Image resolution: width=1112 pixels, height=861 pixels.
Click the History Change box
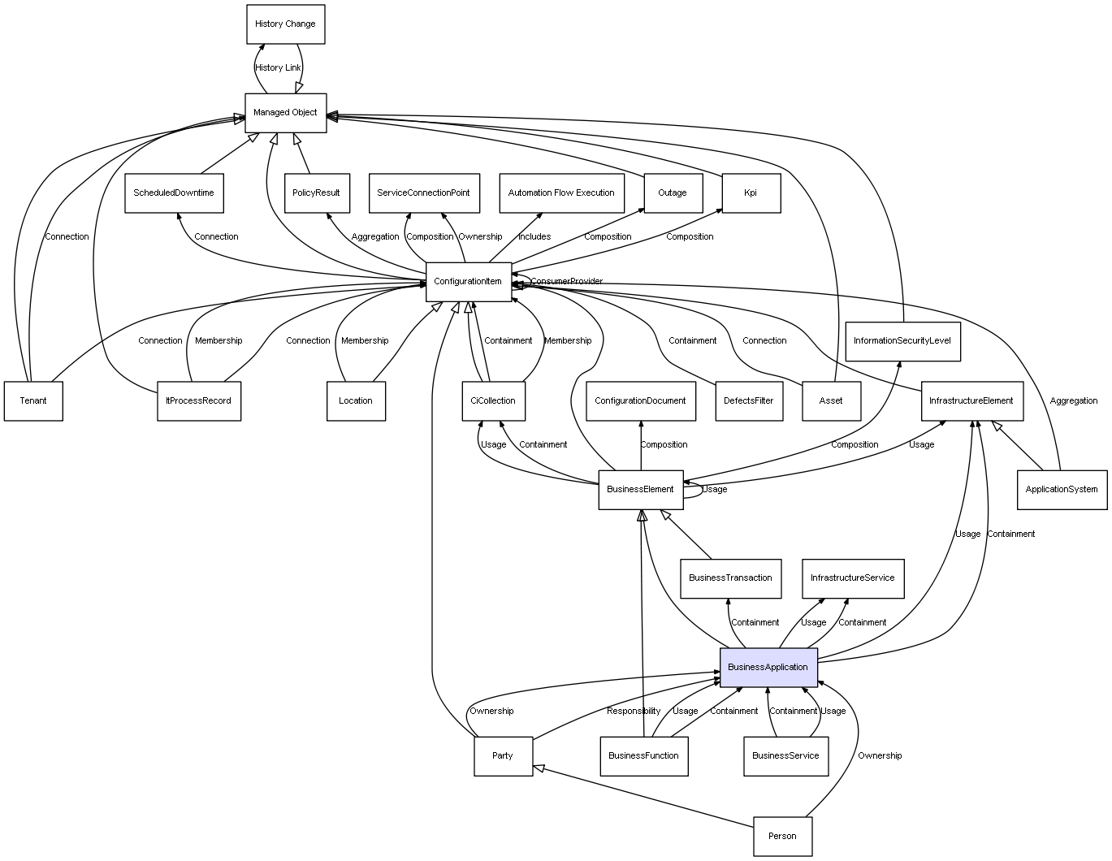(x=285, y=24)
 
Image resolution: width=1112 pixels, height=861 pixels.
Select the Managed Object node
(x=285, y=113)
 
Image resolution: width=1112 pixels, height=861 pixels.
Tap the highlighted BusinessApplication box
(x=768, y=667)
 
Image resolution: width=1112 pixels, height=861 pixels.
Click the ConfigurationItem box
(x=468, y=282)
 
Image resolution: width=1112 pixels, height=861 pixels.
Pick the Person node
(x=782, y=836)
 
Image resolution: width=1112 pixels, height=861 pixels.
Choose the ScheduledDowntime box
(x=174, y=193)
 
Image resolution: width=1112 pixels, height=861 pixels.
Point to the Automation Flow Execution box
(x=561, y=193)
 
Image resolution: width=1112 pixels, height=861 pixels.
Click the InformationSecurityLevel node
(x=902, y=341)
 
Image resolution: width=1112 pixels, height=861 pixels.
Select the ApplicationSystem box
(x=1061, y=490)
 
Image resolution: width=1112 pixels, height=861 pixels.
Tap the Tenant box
(x=33, y=401)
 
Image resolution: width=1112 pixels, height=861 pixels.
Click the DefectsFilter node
(x=749, y=401)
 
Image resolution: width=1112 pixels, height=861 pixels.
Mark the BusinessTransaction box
(x=730, y=578)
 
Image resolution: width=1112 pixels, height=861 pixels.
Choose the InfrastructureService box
(x=852, y=578)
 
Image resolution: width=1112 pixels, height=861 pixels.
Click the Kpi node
(x=751, y=193)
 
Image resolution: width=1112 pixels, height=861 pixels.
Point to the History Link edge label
(x=278, y=68)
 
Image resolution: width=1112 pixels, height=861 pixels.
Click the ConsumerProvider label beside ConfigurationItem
(x=567, y=282)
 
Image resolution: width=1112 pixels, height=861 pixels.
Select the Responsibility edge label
(x=634, y=712)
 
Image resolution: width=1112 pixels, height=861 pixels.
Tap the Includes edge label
(x=534, y=237)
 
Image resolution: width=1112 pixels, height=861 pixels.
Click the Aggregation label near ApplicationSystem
(x=1073, y=401)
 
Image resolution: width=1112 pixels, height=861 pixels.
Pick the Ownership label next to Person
(x=880, y=756)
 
